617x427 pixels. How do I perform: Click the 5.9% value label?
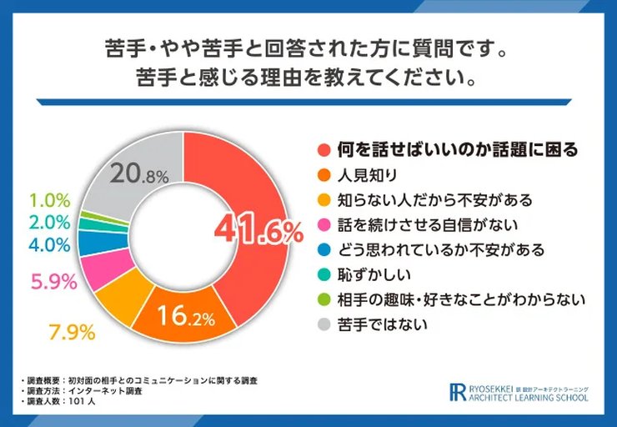click(x=52, y=282)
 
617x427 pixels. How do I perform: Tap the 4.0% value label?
click(x=48, y=245)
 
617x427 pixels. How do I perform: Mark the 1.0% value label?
click(x=48, y=200)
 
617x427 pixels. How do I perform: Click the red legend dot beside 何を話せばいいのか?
click(x=323, y=150)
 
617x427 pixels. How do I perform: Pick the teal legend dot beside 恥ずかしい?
click(x=323, y=274)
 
